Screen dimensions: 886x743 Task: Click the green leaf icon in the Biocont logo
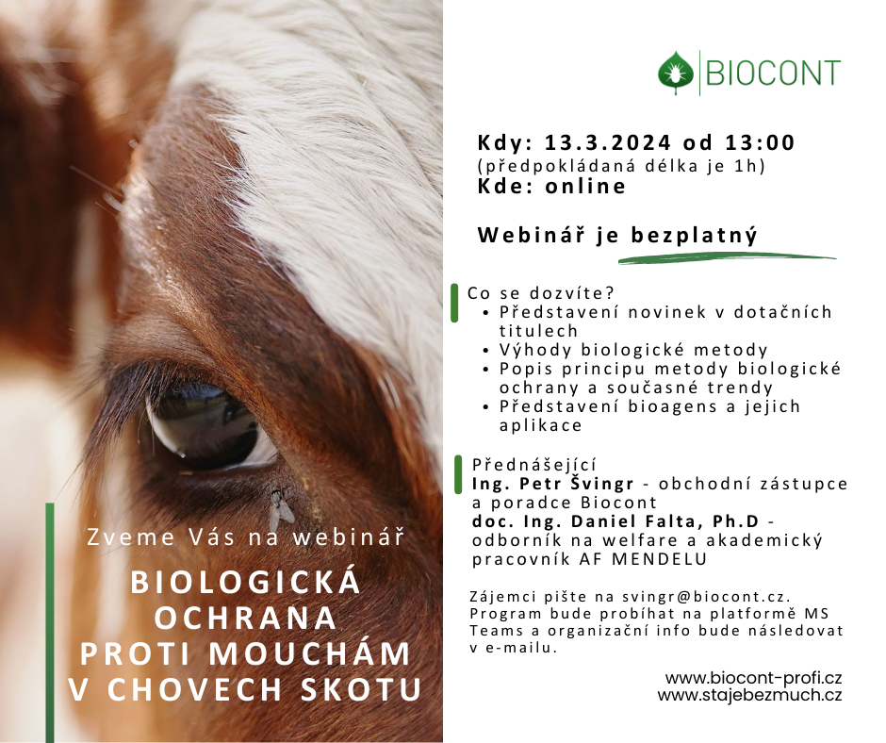click(676, 72)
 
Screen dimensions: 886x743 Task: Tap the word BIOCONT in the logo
click(773, 73)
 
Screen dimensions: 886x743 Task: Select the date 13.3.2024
click(607, 142)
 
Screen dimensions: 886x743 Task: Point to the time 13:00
click(760, 142)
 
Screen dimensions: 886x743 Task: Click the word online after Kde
click(585, 186)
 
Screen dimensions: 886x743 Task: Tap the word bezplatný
click(694, 235)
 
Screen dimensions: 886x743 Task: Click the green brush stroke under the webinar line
click(727, 259)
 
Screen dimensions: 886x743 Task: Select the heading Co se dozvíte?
click(540, 293)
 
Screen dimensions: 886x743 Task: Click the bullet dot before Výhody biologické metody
click(486, 351)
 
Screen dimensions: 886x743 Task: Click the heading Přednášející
click(534, 466)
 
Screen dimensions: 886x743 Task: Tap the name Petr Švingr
click(576, 484)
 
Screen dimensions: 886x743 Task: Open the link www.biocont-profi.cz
click(753, 677)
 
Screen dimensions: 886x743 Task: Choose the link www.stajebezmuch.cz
click(749, 695)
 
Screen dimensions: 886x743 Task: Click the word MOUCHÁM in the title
click(309, 653)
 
